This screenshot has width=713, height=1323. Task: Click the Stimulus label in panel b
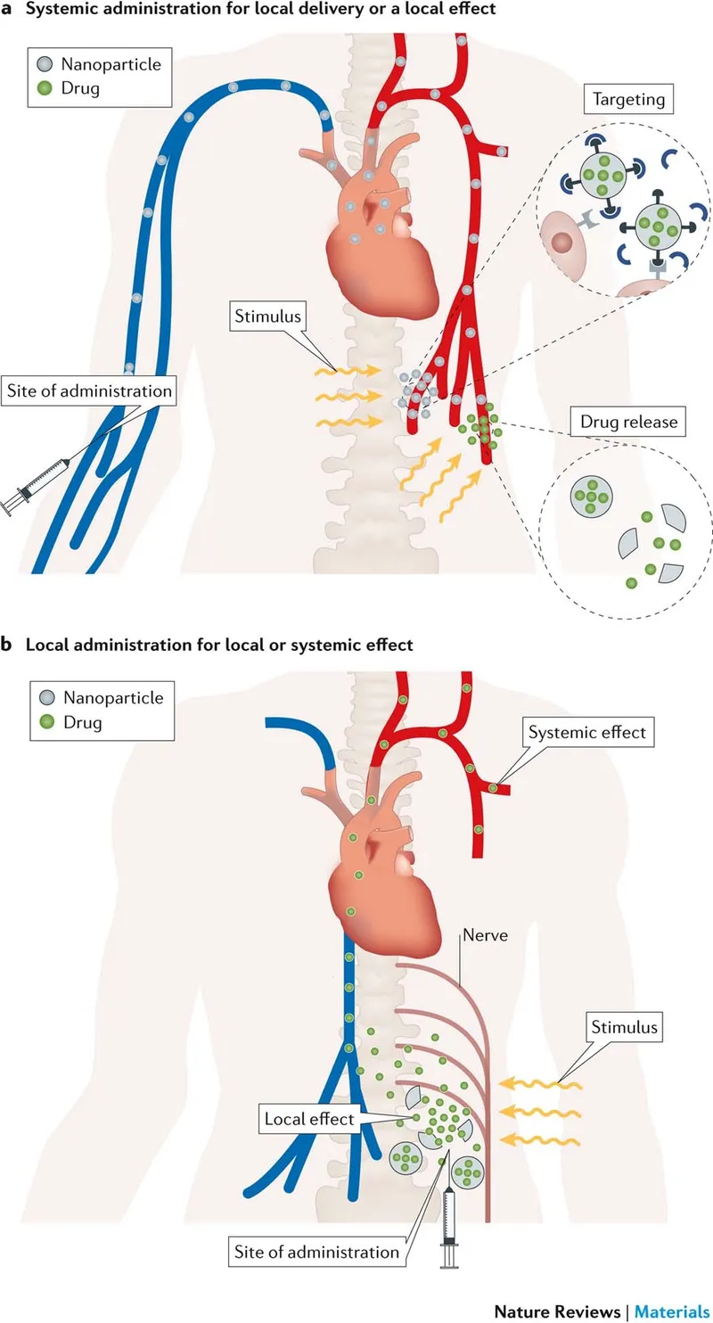click(x=624, y=1026)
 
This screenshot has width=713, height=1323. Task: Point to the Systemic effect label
click(x=587, y=733)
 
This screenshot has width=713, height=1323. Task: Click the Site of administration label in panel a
click(x=88, y=390)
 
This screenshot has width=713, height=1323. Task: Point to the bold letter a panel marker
click(x=7, y=9)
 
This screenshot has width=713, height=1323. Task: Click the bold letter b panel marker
click(x=7, y=644)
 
